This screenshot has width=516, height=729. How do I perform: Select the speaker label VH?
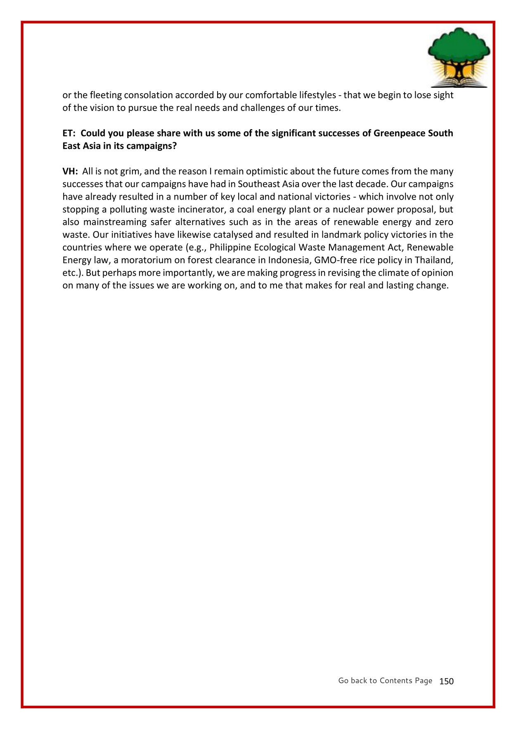(70, 171)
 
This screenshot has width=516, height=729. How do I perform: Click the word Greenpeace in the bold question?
(399, 133)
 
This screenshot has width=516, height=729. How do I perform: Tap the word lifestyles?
(317, 95)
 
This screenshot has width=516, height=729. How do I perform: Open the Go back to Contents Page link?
(385, 681)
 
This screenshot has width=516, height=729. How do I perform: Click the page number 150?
(446, 681)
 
